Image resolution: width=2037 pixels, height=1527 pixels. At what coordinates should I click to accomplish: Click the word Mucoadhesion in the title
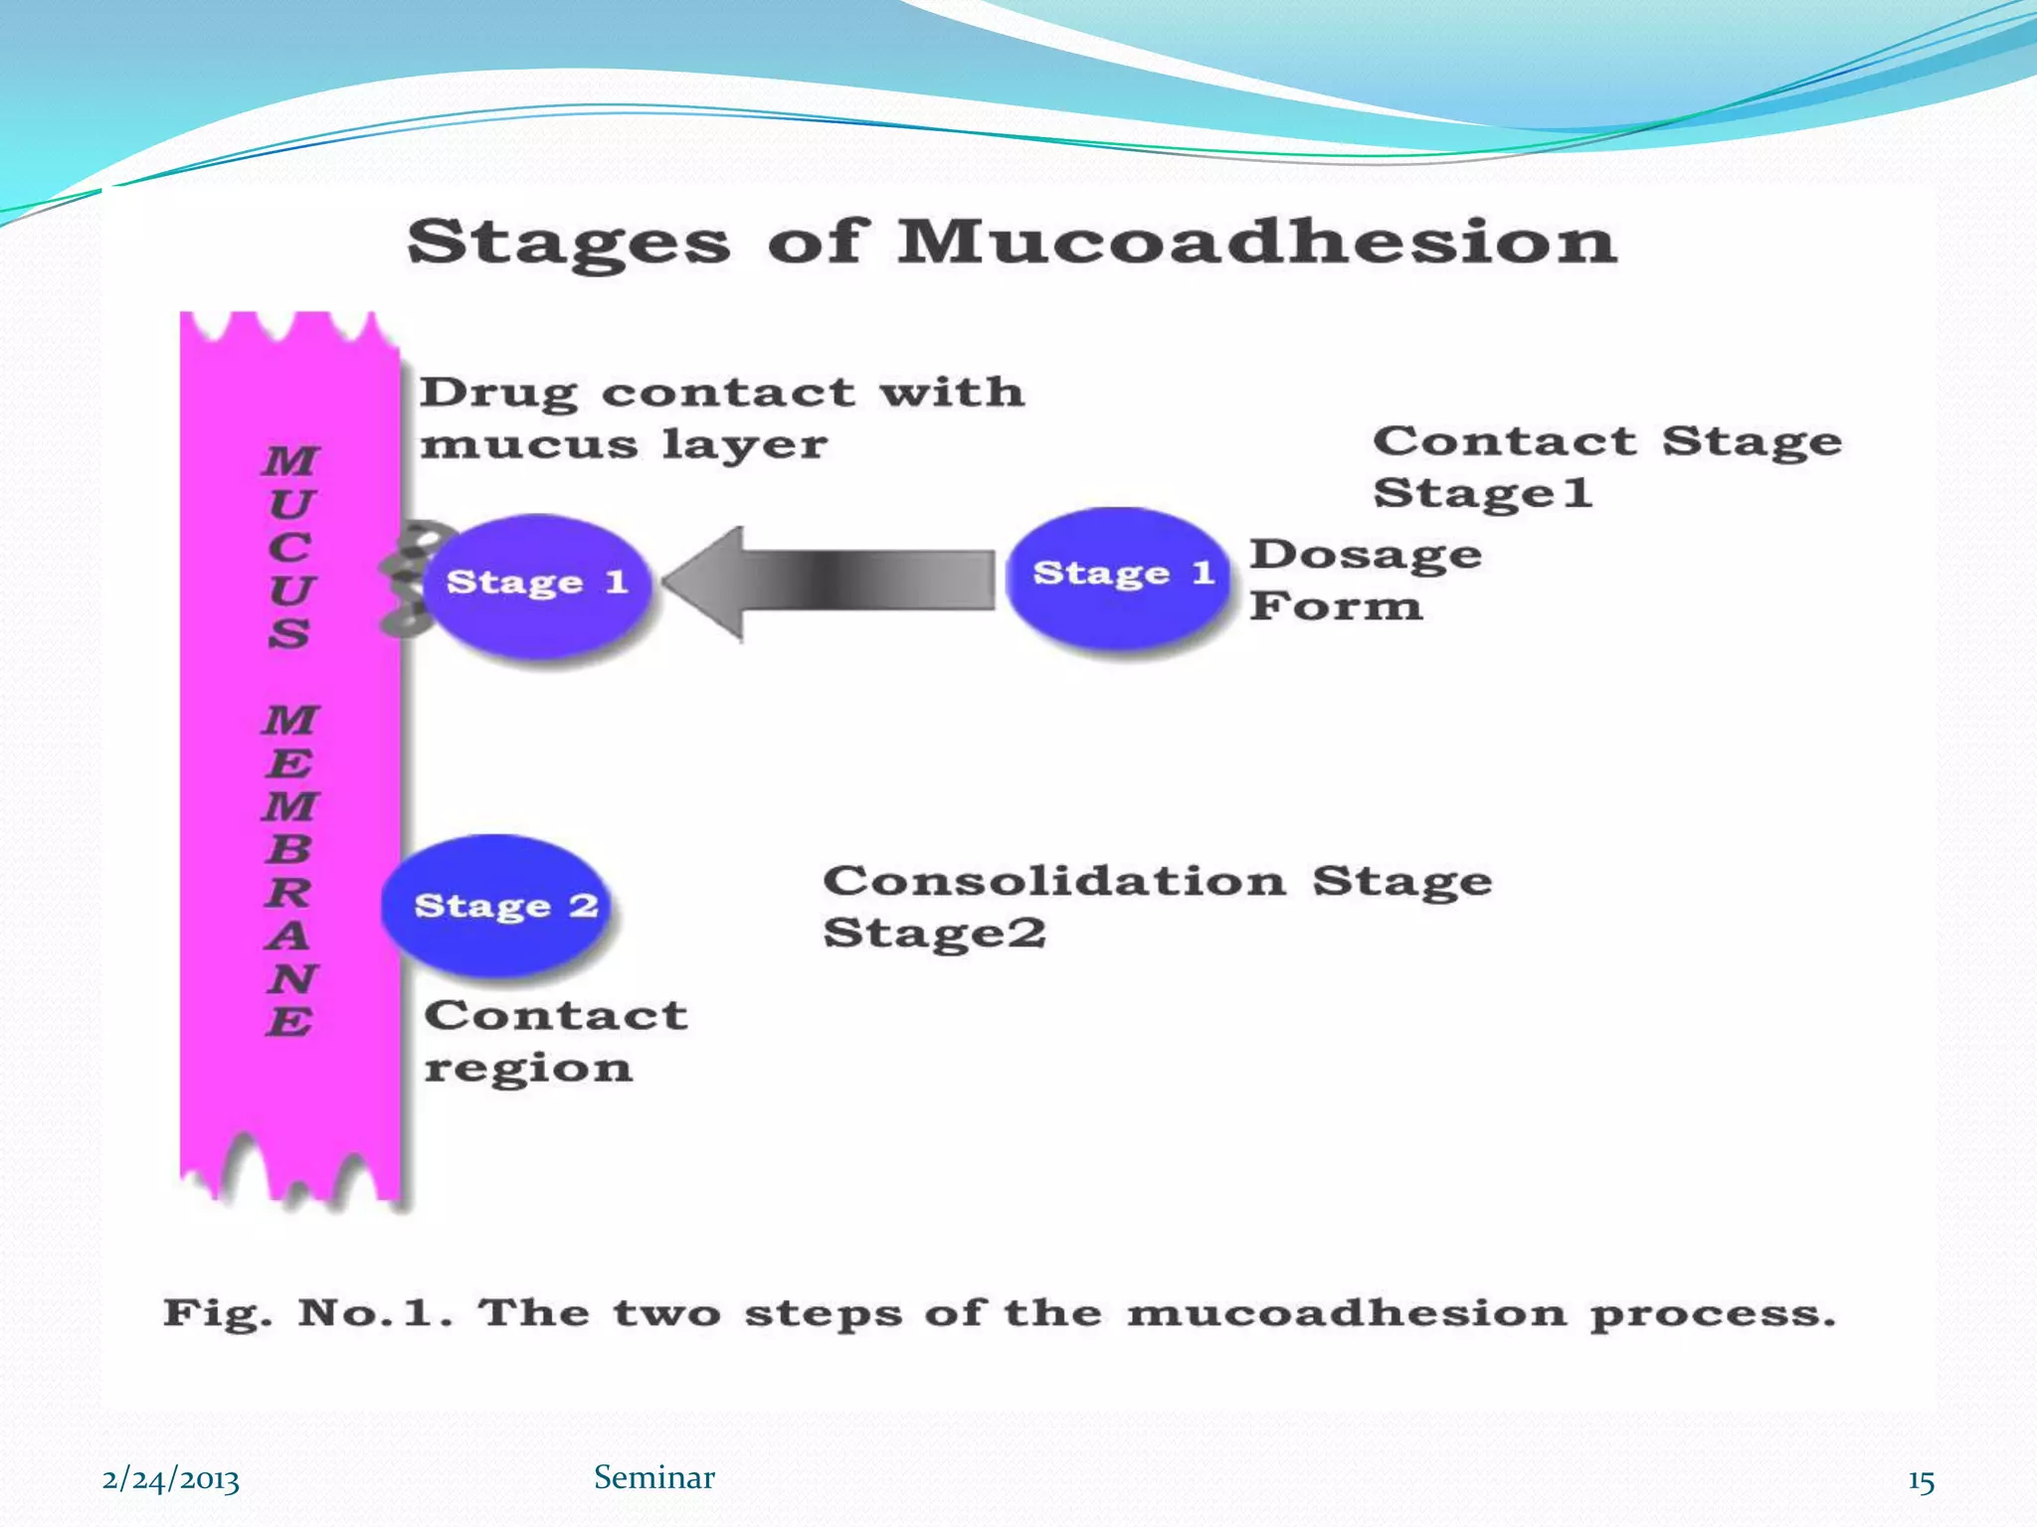[x=1257, y=242]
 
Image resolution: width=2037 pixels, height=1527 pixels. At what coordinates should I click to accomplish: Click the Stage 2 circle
[x=497, y=906]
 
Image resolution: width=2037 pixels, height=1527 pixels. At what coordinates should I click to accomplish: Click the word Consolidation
[x=1053, y=881]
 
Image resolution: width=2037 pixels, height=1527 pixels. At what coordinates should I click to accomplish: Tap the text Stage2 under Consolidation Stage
[x=934, y=933]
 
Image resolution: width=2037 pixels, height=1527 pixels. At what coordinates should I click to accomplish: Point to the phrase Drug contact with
[x=721, y=393]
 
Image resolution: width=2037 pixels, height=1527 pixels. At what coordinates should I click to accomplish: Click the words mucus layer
[x=623, y=444]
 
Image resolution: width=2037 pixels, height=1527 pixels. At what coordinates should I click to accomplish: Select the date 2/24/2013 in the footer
[x=170, y=1479]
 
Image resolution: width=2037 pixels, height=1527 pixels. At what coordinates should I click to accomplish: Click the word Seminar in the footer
[x=653, y=1477]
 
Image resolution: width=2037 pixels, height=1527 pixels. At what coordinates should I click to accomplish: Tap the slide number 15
[x=1921, y=1481]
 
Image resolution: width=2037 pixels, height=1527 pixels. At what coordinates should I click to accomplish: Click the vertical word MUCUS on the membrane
[x=290, y=547]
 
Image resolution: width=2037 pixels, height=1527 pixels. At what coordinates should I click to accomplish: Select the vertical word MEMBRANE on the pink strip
[x=290, y=870]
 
